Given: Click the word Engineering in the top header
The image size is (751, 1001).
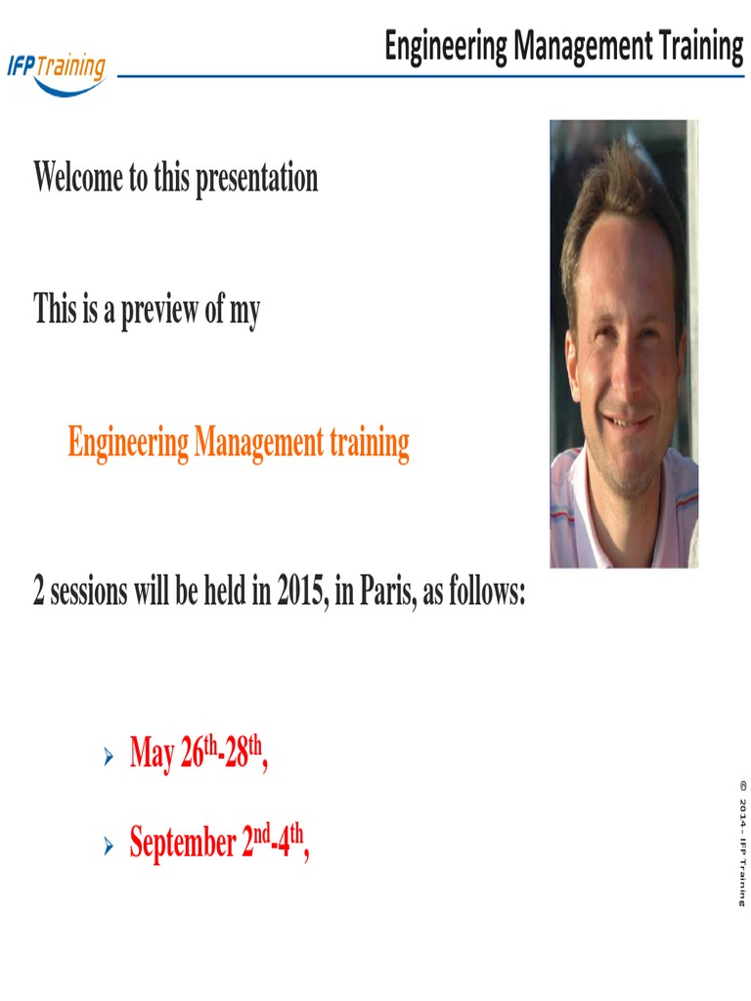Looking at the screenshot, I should pos(446,45).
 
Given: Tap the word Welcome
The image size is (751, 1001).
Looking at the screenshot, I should pos(78,178).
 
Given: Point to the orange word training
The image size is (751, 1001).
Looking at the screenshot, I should pos(369,444).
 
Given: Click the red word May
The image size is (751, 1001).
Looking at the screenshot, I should pos(152,755).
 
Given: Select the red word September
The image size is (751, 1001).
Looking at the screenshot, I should pos(182,843).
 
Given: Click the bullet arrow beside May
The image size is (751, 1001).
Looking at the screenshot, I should pos(109,757).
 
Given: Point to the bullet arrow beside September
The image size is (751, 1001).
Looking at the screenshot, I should pos(109,845).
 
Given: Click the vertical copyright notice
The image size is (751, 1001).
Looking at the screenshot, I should pos(742,842).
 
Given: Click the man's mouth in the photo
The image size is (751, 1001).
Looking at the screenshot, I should pos(627,421).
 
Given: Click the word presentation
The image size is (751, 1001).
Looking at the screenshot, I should pos(256,179).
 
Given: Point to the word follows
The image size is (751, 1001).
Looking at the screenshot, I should pos(485,592).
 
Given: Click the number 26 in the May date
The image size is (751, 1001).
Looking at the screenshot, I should pos(192,755).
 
